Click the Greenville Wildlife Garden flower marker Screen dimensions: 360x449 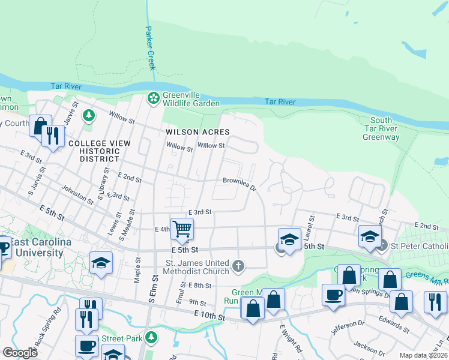[154, 97]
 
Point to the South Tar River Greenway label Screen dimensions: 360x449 [381, 128]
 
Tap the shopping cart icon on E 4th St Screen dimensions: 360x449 [182, 229]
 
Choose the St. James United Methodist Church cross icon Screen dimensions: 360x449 [239, 266]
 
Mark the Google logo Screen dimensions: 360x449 [20, 352]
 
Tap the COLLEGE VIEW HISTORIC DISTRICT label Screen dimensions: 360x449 [95, 151]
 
